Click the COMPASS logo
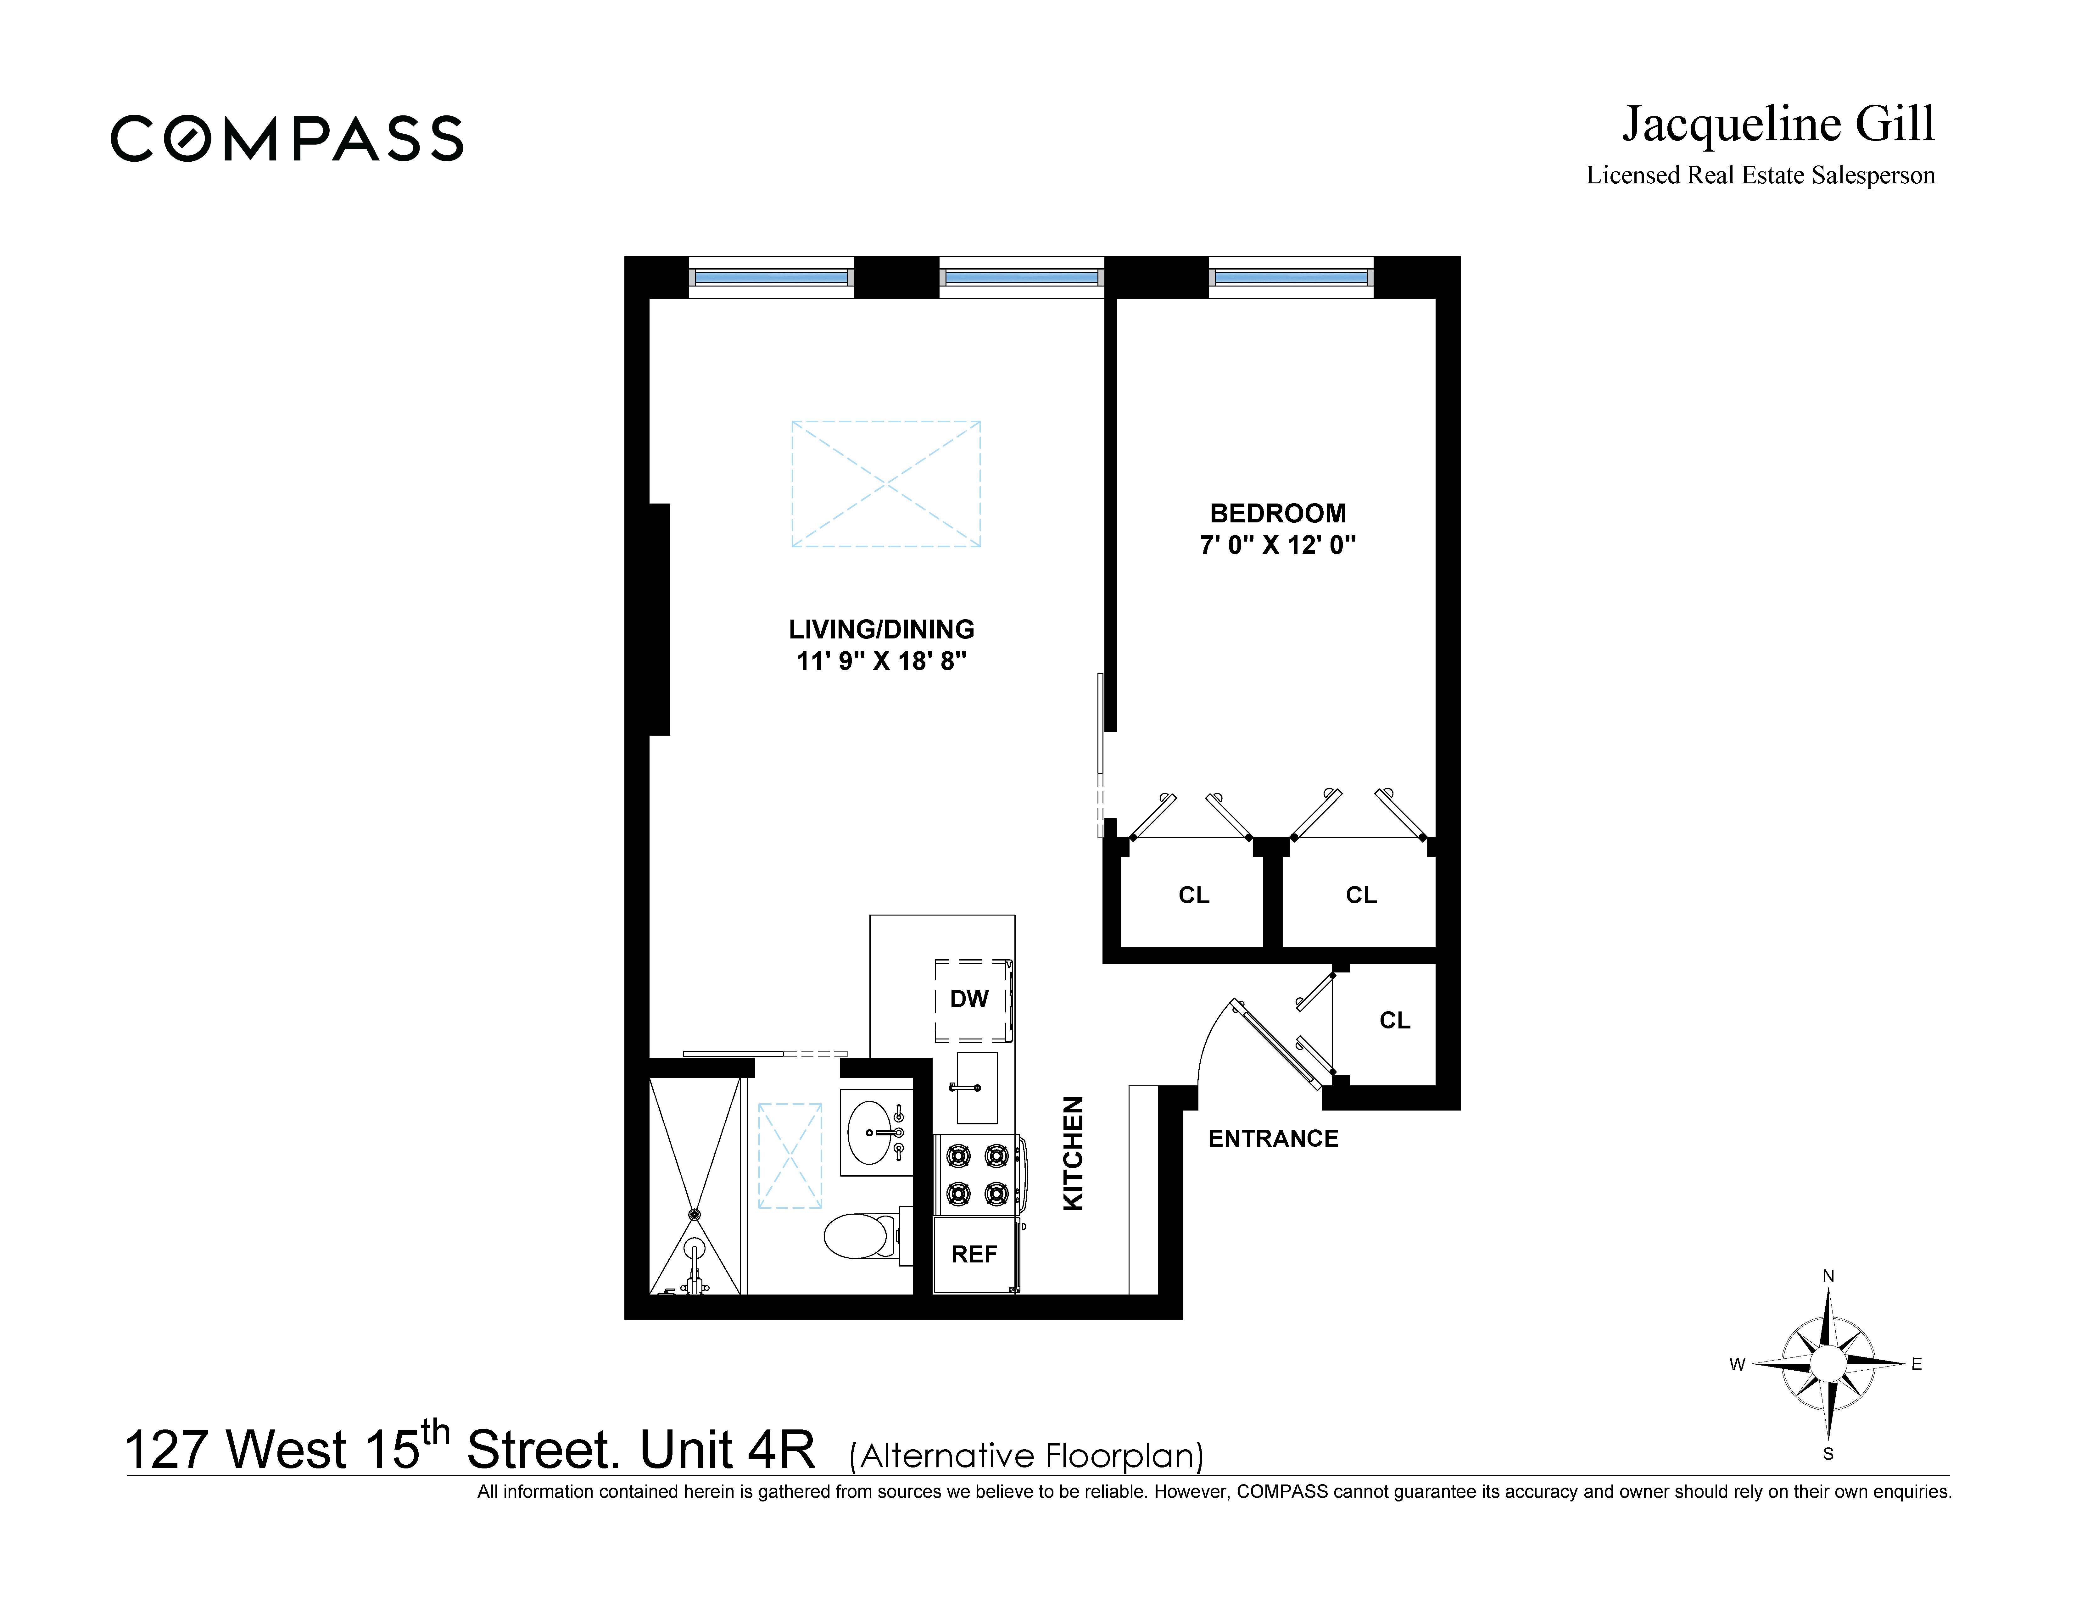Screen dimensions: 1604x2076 pyautogui.click(x=287, y=139)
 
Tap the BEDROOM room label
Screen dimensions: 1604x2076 pyautogui.click(x=1278, y=513)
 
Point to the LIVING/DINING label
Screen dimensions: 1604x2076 pyautogui.click(x=881, y=629)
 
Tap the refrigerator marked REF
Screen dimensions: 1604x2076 pyautogui.click(x=974, y=1254)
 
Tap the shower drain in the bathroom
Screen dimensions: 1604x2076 pyautogui.click(x=694, y=1214)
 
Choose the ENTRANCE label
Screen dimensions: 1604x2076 pyautogui.click(x=1273, y=1139)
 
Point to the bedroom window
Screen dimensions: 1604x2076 pyautogui.click(x=1291, y=277)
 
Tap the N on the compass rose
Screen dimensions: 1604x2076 pyautogui.click(x=1827, y=1276)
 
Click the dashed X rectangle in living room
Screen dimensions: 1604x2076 pyautogui.click(x=886, y=484)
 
